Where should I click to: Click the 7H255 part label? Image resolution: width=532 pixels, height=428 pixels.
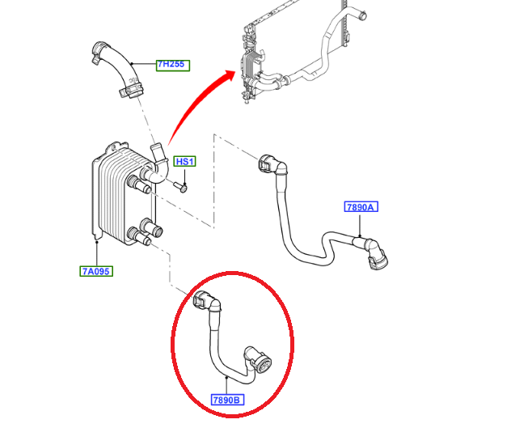[x=173, y=66]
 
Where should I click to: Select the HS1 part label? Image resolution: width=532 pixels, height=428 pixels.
[x=185, y=161]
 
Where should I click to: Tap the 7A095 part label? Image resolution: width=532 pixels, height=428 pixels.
[x=96, y=271]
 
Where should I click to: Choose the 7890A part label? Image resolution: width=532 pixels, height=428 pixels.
[x=361, y=206]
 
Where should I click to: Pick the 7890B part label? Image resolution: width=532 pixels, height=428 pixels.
[x=227, y=400]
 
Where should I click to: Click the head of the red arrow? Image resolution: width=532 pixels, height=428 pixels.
[x=230, y=76]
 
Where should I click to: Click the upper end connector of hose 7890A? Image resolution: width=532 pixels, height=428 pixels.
[x=272, y=164]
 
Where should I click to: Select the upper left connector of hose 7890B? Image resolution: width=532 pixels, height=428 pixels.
[x=207, y=300]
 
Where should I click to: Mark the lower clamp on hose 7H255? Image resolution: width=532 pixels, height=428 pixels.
[x=131, y=91]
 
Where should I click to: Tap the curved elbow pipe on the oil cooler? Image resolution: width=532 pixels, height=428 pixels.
[x=158, y=163]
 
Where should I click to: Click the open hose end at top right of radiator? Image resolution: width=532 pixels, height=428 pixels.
[x=362, y=15]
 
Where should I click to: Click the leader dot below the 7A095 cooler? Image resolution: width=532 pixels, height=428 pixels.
[x=97, y=242]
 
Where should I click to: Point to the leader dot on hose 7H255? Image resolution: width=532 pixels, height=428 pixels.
[x=132, y=63]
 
